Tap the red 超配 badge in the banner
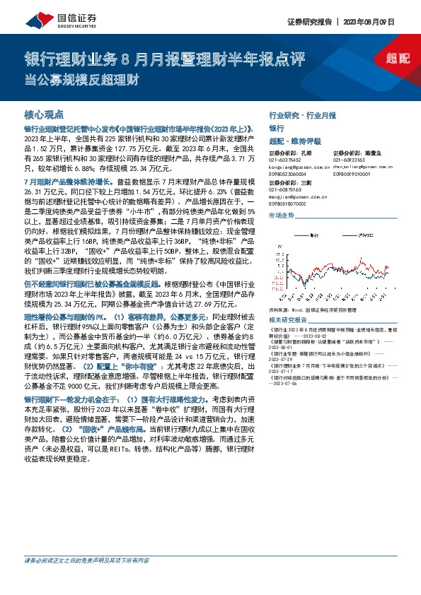398,59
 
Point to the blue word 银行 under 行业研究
276,129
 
